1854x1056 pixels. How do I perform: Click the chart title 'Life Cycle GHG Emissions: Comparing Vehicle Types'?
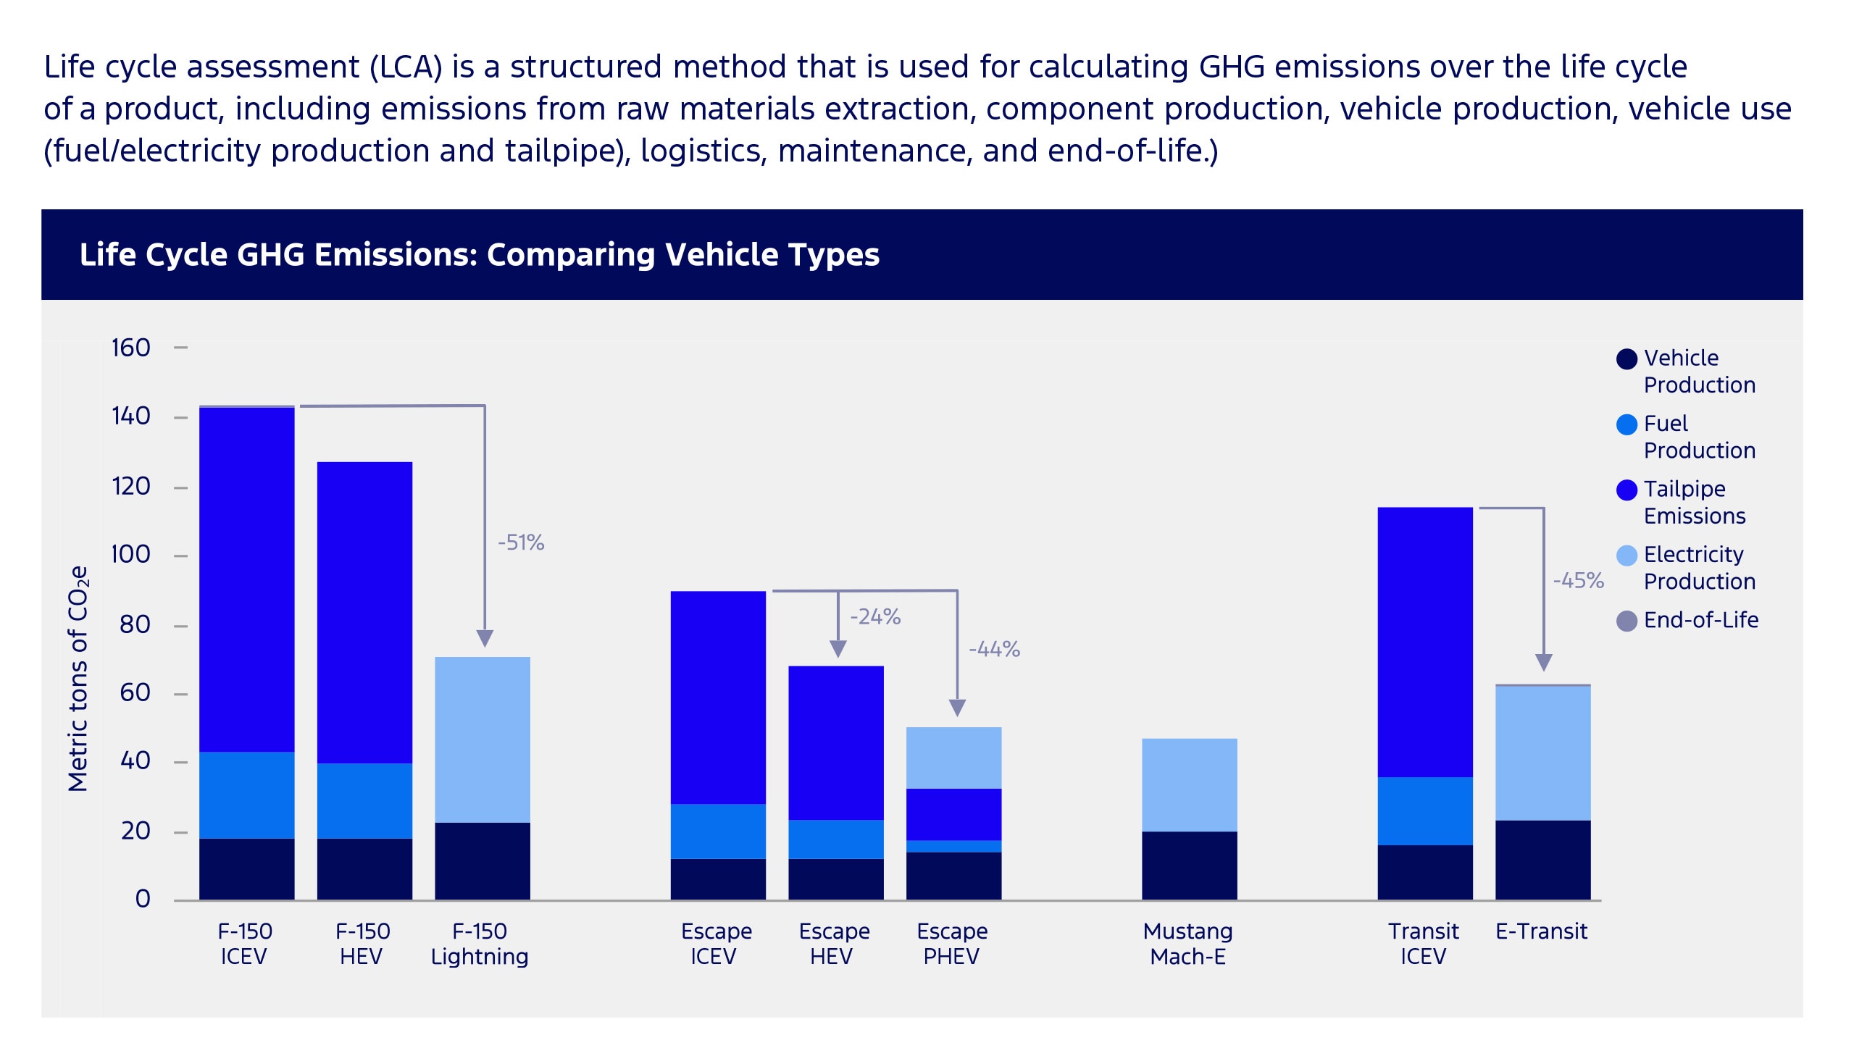479,254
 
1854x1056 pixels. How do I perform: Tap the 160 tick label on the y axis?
130,348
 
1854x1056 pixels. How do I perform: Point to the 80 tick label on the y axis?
135,624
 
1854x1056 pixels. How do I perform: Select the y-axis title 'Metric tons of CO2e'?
78,678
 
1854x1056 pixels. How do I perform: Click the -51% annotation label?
521,542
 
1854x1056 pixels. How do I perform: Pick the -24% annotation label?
874,616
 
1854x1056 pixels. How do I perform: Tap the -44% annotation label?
994,648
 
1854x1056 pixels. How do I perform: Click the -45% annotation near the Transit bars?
1578,580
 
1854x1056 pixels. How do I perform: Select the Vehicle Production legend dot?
1627,359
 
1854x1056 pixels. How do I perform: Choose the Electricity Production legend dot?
1627,556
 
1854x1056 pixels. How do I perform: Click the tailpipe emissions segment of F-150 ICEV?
246,580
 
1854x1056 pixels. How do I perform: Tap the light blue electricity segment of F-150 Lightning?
483,739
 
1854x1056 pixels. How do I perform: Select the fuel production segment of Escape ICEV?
717,831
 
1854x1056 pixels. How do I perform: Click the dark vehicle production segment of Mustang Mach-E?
1189,866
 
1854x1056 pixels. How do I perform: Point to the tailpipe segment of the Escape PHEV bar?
953,814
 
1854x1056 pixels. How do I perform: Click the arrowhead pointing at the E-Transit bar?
1543,662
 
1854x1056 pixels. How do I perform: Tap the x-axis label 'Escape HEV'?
833,944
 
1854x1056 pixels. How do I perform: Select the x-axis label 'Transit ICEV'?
1422,944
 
